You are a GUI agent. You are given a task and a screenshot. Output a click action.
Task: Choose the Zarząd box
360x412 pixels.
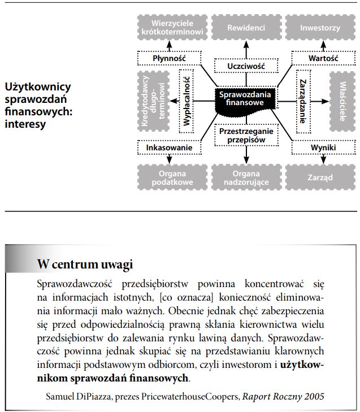click(x=320, y=177)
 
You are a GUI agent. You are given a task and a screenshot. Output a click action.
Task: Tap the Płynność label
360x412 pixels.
click(x=169, y=58)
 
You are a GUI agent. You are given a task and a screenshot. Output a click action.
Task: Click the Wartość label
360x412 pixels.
click(x=323, y=58)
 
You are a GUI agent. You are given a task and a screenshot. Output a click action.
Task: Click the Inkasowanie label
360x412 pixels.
click(x=169, y=148)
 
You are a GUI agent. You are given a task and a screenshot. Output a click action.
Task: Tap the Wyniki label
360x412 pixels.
click(x=323, y=148)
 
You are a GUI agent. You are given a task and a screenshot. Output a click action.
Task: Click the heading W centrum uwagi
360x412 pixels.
click(x=85, y=263)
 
